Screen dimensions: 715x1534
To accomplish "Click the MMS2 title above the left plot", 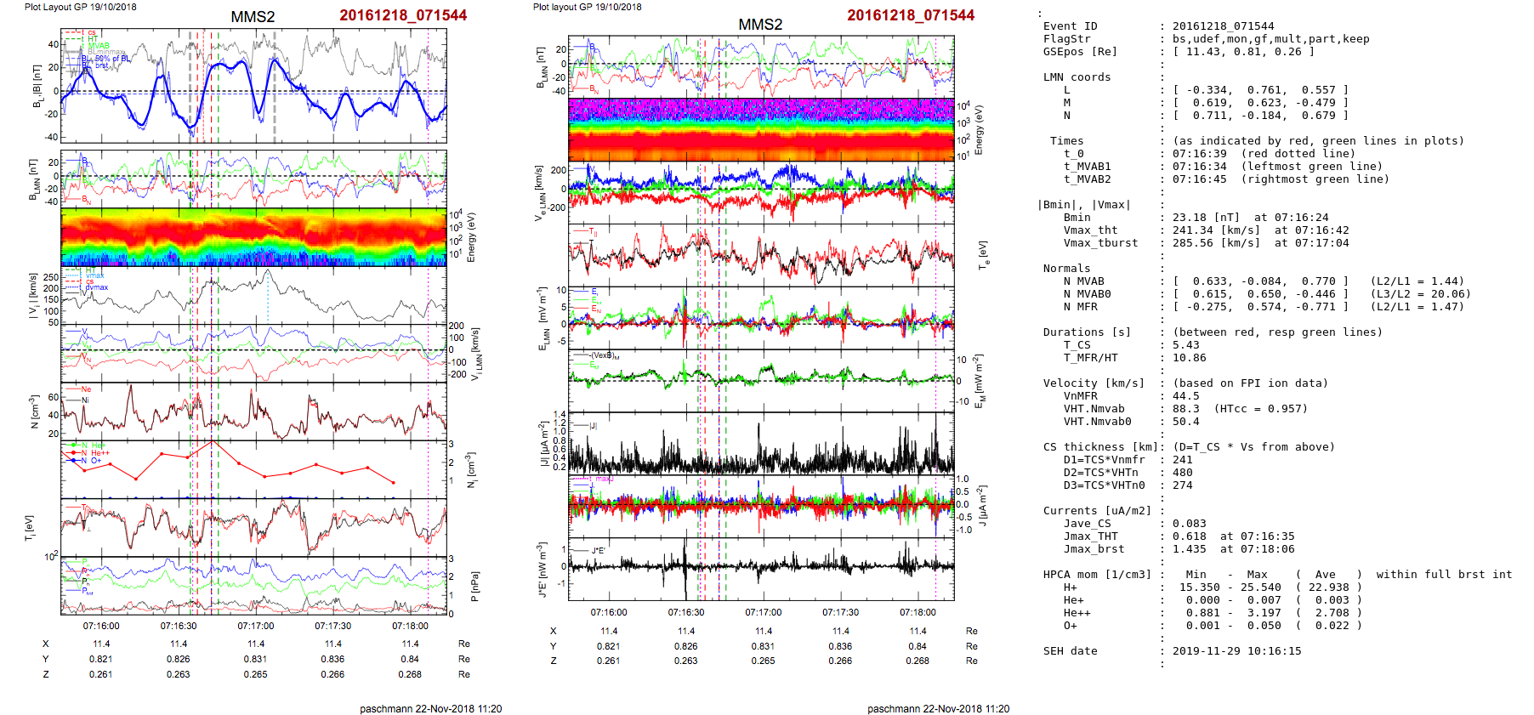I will [x=253, y=17].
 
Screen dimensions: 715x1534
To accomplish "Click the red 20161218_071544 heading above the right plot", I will [x=911, y=15].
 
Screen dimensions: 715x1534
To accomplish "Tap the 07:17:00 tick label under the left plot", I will [x=255, y=626].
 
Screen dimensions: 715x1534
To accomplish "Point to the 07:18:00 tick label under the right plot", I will [x=918, y=612].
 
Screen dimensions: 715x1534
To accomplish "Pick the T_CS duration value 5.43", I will [x=1185, y=345].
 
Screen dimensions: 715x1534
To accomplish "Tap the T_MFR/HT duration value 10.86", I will [x=1189, y=358].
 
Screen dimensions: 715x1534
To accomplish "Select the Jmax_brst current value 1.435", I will [x=1189, y=549].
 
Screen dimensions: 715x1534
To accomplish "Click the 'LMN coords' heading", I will [x=1077, y=77].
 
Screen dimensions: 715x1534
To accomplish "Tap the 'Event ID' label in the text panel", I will [x=1070, y=26].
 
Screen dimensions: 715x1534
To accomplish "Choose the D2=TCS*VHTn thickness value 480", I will [x=1182, y=473].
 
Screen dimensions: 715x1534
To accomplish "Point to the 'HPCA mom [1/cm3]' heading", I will [x=1097, y=575].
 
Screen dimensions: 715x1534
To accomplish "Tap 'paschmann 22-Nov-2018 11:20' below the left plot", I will [x=430, y=708].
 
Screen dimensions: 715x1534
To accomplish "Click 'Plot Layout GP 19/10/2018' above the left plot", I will [x=80, y=7].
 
